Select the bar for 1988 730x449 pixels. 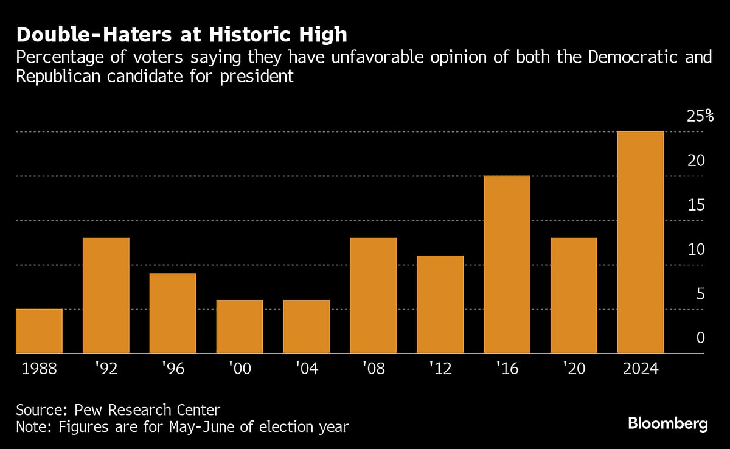click(39, 332)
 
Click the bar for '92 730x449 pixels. click(106, 296)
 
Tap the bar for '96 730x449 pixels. click(173, 313)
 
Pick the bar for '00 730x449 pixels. click(240, 327)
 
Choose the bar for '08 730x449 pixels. click(374, 296)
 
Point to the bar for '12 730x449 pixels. click(440, 304)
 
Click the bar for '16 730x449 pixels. click(507, 265)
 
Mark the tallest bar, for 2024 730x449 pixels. click(641, 242)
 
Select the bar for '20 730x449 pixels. click(574, 296)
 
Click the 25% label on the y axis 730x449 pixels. click(700, 116)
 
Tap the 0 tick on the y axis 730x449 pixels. click(701, 338)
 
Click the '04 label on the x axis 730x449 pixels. click(307, 369)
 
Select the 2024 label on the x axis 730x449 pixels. click(641, 369)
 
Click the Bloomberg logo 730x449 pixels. click(668, 423)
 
